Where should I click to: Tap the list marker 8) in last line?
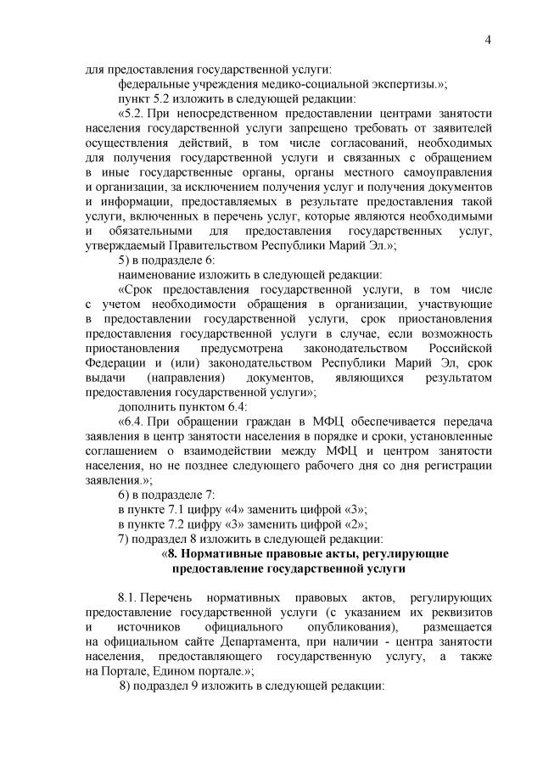click(126, 685)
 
